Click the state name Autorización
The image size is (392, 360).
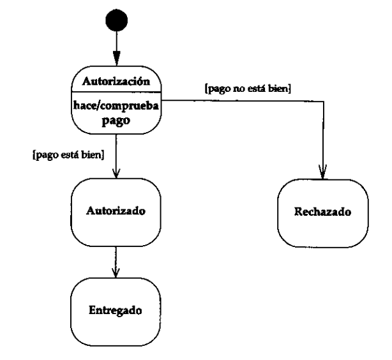point(116,81)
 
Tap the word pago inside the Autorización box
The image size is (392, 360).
point(116,119)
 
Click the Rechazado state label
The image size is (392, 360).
point(322,211)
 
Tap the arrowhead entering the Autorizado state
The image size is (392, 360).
point(116,173)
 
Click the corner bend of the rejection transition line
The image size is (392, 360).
point(323,100)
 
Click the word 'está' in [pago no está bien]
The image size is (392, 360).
point(252,89)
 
